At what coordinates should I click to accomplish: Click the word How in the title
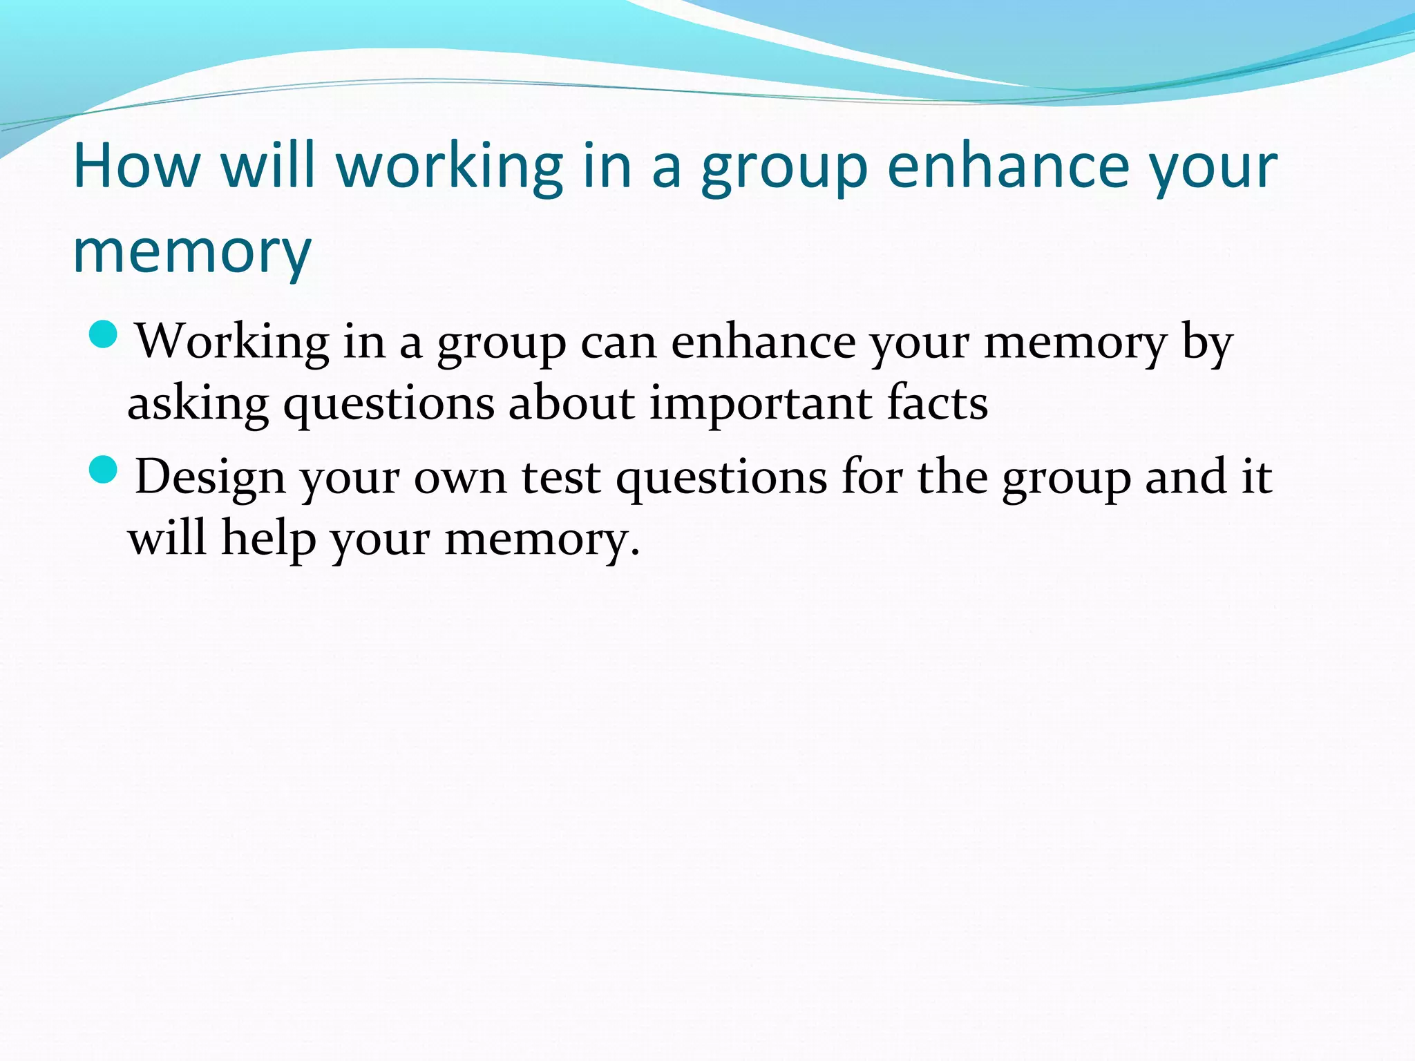136,166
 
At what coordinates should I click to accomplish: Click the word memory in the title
192,251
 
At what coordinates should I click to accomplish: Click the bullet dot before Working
104,335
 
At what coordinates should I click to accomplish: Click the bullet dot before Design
104,470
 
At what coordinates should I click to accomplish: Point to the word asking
198,404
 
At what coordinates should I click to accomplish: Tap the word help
267,539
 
